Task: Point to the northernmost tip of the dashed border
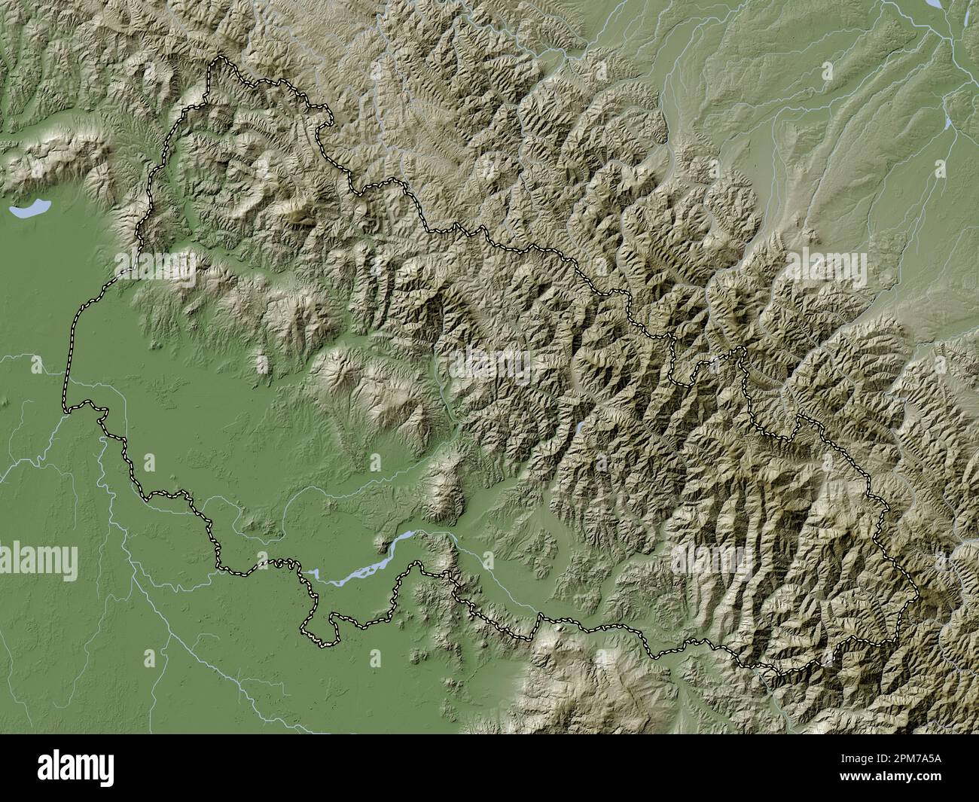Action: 218,59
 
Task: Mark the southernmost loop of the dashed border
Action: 320,640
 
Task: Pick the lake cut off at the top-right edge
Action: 934,4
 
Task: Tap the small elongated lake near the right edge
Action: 946,120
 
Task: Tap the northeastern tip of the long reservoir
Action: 410,534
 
